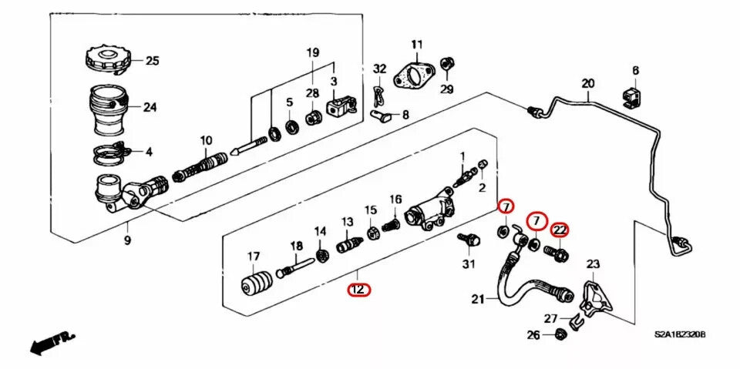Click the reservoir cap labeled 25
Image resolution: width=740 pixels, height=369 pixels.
[x=106, y=59]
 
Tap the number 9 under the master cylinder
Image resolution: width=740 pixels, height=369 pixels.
[x=128, y=240]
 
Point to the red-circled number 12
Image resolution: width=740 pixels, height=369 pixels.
[x=358, y=290]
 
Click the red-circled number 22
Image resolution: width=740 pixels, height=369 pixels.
[x=560, y=229]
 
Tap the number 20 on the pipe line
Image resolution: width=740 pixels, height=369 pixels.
[x=588, y=84]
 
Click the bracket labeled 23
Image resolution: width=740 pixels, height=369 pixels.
[x=592, y=297]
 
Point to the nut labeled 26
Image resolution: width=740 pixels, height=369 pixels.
[x=561, y=334]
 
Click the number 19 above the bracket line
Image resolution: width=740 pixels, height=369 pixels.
[x=312, y=52]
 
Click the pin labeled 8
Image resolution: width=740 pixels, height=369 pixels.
[x=382, y=116]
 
